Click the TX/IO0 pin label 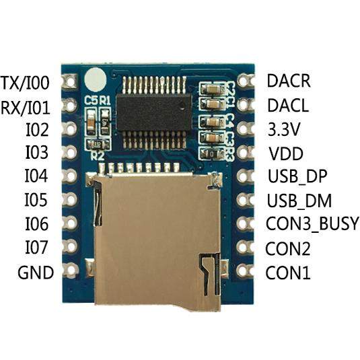click(x=25, y=83)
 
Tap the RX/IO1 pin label click(x=26, y=107)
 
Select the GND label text click(x=36, y=273)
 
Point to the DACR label click(x=289, y=80)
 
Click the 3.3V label click(x=284, y=129)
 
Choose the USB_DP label click(x=297, y=176)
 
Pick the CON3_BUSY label click(x=312, y=223)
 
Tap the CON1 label click(x=288, y=273)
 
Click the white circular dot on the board click(x=95, y=79)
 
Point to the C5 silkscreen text click(x=91, y=100)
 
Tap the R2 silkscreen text click(x=98, y=156)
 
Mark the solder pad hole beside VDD click(x=244, y=152)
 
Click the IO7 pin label click(x=36, y=247)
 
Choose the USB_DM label click(x=299, y=201)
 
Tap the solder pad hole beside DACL click(x=244, y=105)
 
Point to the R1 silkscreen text click(x=105, y=100)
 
